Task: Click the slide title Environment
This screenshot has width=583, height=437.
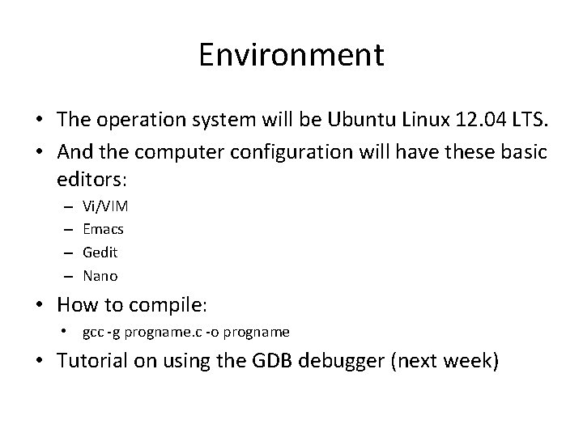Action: [291, 56]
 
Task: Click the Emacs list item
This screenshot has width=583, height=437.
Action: [103, 229]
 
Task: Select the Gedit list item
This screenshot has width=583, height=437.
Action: [100, 252]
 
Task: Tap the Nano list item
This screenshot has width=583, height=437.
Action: [100, 276]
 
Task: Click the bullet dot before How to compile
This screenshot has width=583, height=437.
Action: [40, 306]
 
